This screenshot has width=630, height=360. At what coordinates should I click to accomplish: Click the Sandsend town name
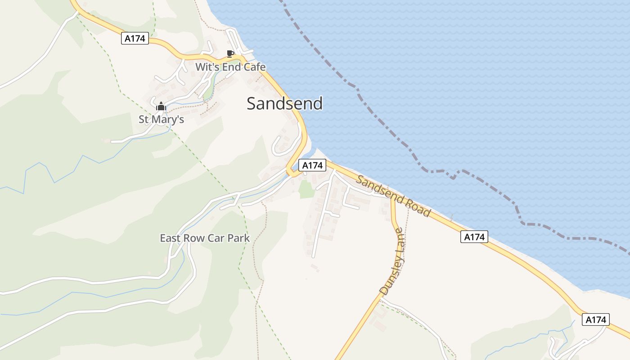point(284,103)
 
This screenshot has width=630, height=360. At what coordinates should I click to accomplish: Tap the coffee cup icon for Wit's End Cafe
point(230,54)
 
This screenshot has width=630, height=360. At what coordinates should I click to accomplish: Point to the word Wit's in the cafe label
point(205,67)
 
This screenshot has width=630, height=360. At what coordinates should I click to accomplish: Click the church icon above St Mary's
point(161,107)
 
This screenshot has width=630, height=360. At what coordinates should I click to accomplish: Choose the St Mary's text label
point(161,120)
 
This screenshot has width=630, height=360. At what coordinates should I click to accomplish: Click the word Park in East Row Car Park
point(238,238)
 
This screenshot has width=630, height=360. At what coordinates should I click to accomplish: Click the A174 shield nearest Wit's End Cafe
point(135,39)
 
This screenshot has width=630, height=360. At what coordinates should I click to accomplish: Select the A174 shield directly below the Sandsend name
point(312,166)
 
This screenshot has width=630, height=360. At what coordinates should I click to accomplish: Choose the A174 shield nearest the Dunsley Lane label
point(474,237)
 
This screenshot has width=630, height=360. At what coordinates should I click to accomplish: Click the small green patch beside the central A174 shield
point(306,189)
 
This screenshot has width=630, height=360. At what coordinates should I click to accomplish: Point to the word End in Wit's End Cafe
point(229,67)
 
